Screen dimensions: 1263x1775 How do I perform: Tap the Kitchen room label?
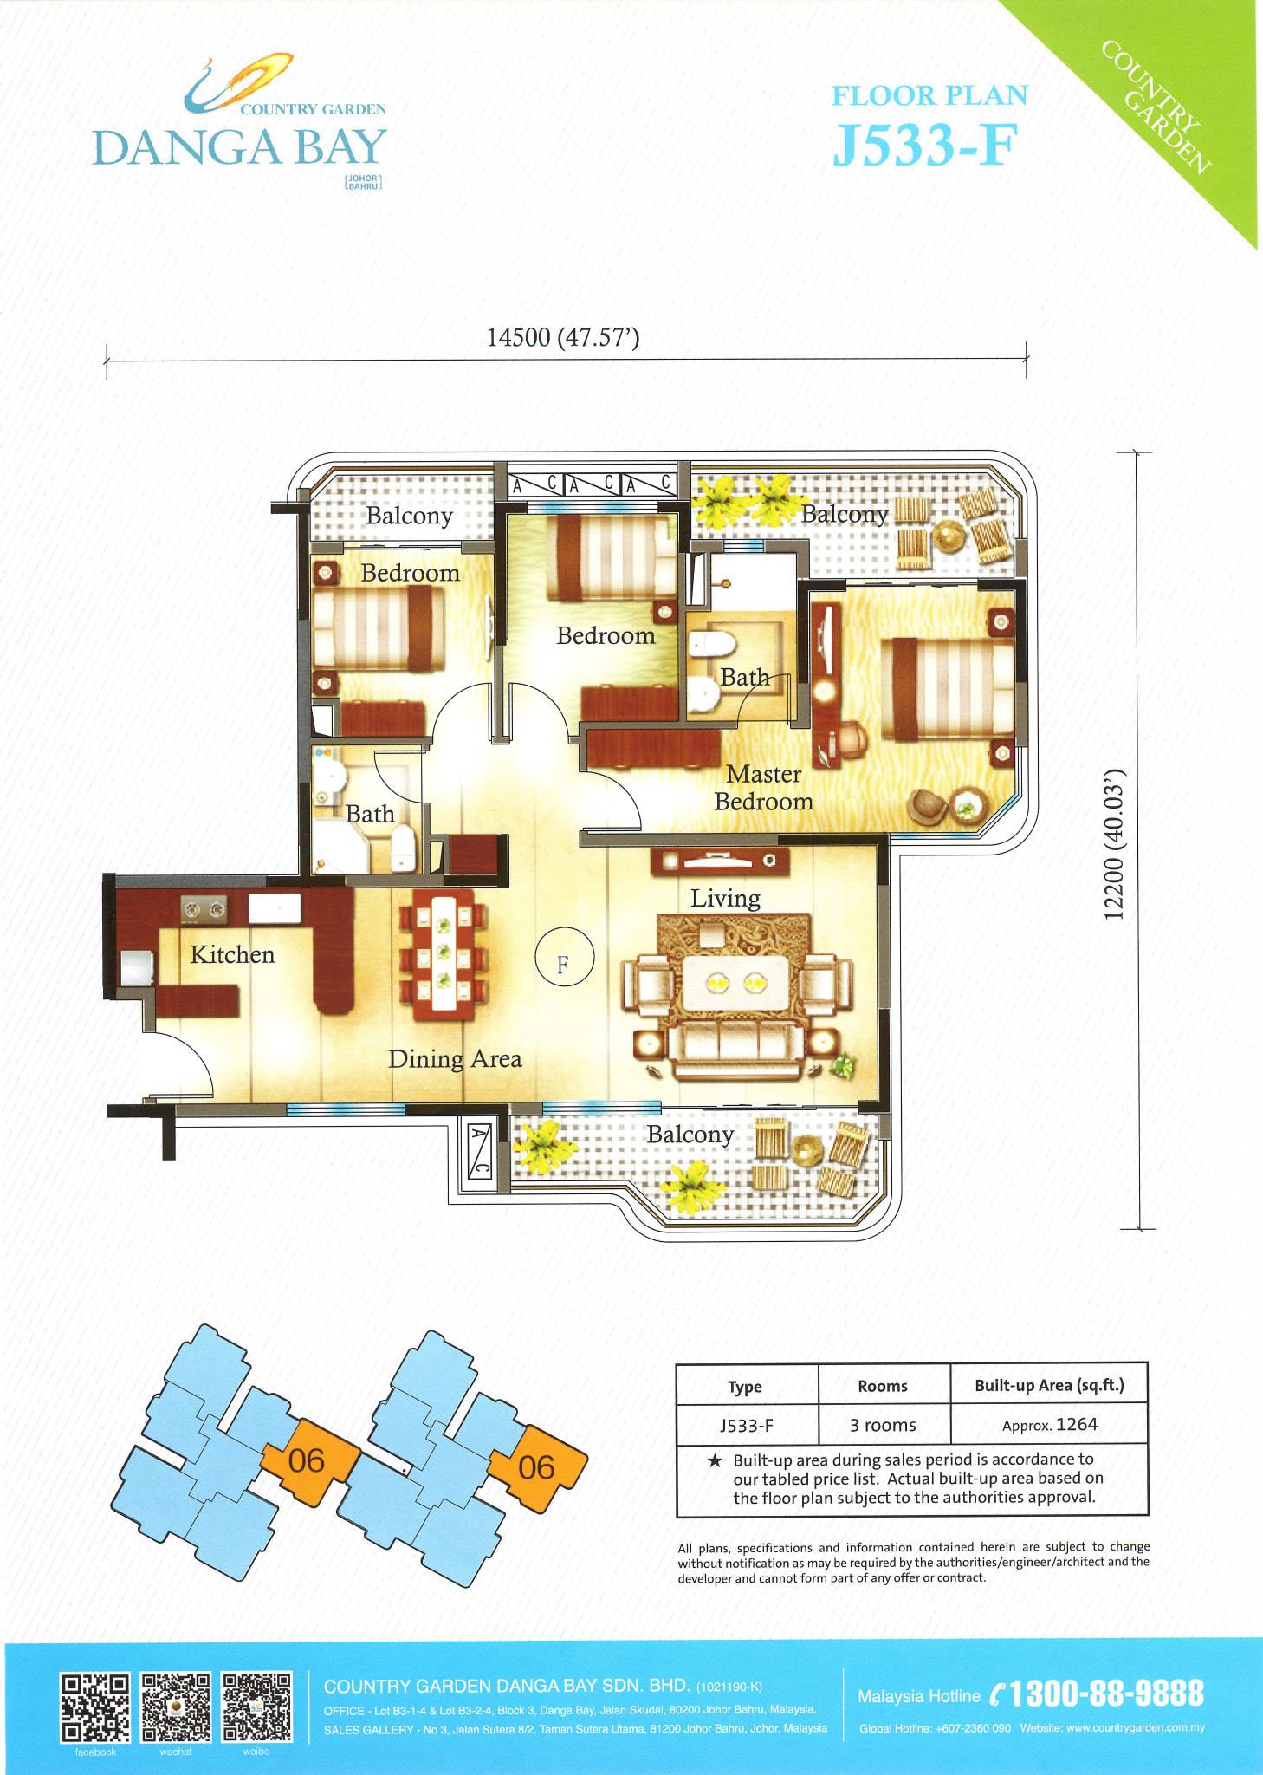click(232, 955)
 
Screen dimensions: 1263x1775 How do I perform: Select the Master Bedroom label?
click(763, 788)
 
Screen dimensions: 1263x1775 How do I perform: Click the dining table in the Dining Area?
click(444, 950)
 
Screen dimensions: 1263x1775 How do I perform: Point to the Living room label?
click(725, 898)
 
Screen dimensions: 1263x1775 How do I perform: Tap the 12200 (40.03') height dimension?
click(1115, 844)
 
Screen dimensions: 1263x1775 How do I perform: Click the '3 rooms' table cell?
click(883, 1425)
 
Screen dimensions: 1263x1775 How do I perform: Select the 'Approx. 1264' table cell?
click(1050, 1425)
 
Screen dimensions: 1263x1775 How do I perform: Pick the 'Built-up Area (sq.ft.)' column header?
click(1049, 1385)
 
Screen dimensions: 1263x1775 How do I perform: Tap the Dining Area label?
click(455, 1059)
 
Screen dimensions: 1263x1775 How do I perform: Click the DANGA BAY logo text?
click(239, 147)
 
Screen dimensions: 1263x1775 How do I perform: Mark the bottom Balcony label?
click(690, 1135)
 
